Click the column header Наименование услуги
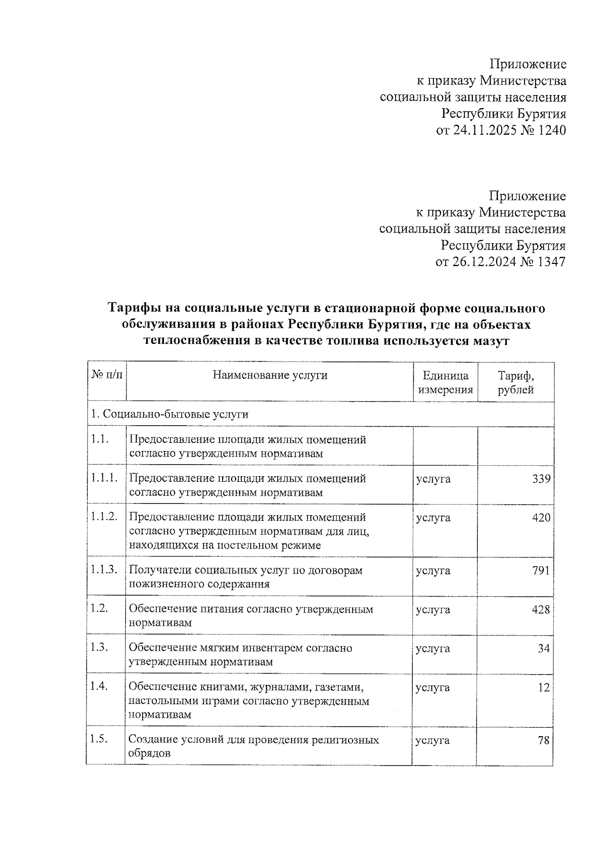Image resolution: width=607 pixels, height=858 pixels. (x=270, y=375)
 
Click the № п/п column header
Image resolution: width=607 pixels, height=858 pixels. (x=106, y=375)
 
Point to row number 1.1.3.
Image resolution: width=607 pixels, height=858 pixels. (x=104, y=570)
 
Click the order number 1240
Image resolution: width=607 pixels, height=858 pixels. (x=550, y=130)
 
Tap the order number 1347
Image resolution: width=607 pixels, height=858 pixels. (x=549, y=262)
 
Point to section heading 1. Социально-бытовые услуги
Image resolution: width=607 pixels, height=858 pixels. (x=169, y=415)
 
